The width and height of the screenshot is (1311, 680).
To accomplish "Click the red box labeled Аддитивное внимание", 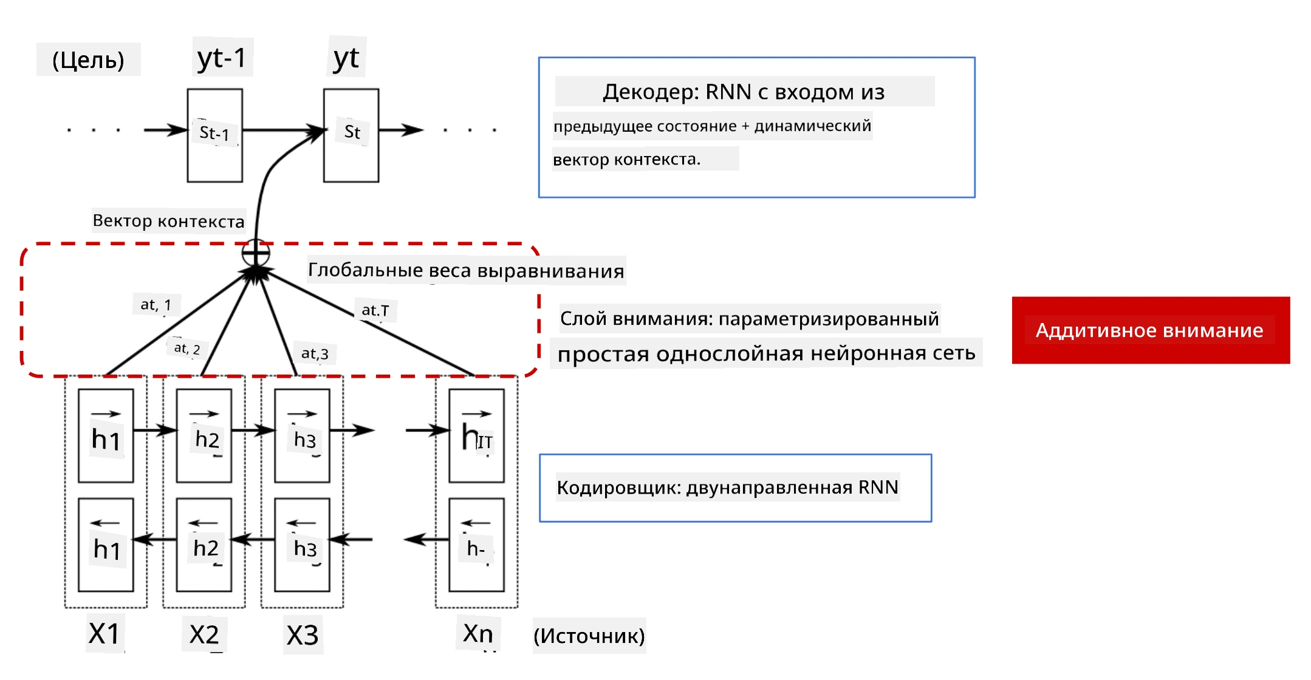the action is pyautogui.click(x=1151, y=330).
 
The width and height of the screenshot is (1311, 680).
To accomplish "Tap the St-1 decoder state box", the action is pyautogui.click(x=215, y=135).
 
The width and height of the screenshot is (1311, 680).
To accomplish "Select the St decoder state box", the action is pyautogui.click(x=351, y=135).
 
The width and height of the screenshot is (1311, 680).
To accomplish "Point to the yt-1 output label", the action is pyautogui.click(x=222, y=58).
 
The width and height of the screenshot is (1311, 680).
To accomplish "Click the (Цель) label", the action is pyautogui.click(x=89, y=59).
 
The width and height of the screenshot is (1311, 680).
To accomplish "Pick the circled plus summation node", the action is pyautogui.click(x=256, y=253).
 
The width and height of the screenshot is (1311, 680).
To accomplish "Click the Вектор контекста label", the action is pyautogui.click(x=169, y=220).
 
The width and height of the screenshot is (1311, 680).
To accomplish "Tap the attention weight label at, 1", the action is pyautogui.click(x=156, y=304).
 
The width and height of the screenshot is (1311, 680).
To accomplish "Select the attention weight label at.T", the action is pyautogui.click(x=375, y=310).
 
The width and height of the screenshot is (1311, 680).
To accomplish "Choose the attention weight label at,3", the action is pyautogui.click(x=315, y=353).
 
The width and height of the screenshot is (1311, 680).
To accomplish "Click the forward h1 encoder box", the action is pyautogui.click(x=106, y=436).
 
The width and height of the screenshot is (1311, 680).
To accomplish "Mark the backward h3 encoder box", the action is pyautogui.click(x=302, y=545).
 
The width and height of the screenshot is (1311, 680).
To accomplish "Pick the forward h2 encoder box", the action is pyautogui.click(x=204, y=436).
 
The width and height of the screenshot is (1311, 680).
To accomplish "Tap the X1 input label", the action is pyautogui.click(x=104, y=634).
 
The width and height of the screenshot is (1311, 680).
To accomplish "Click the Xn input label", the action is pyautogui.click(x=478, y=633).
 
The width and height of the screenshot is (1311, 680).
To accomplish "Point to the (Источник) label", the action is pyautogui.click(x=589, y=636).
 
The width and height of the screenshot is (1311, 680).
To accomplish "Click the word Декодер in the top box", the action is pyautogui.click(x=651, y=92).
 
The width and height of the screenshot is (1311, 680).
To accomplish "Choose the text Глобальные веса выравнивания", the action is pyautogui.click(x=466, y=270).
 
